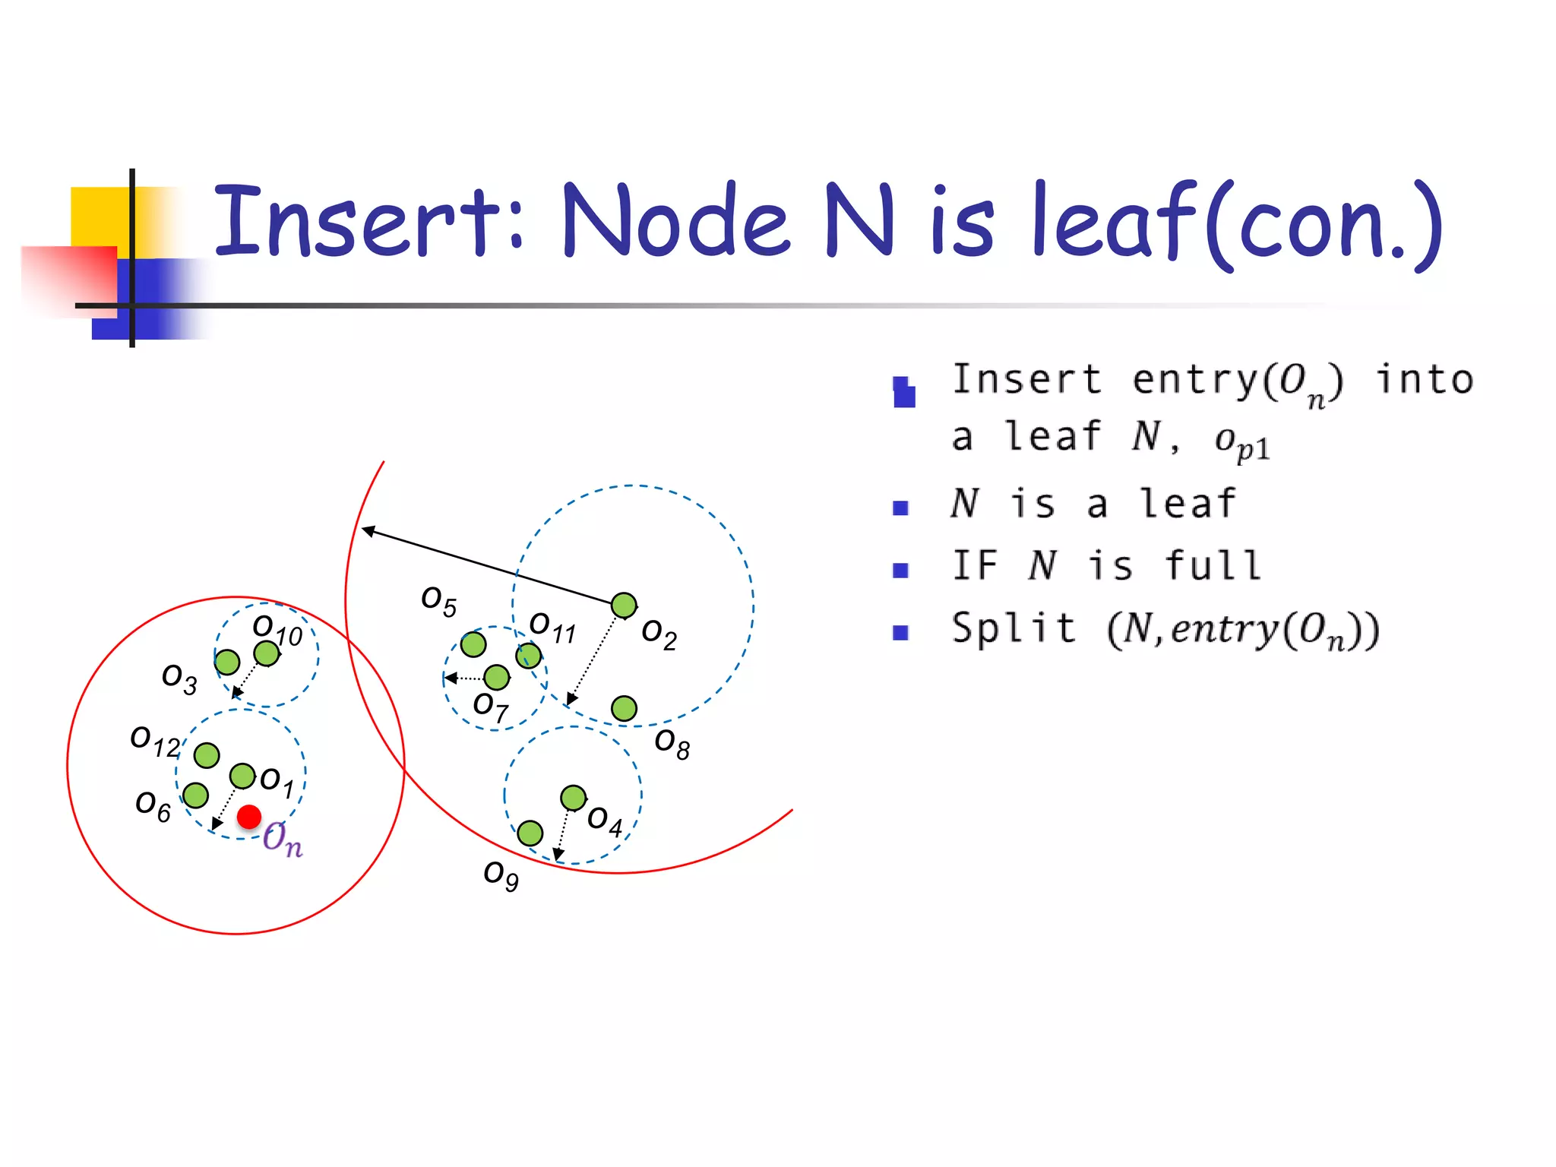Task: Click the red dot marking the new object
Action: point(249,817)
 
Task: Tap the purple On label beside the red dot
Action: point(283,839)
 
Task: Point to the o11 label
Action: point(552,627)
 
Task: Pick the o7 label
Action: point(491,707)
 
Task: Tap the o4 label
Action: point(605,821)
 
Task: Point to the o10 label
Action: point(277,630)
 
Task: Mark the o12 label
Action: point(155,740)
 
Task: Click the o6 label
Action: point(153,805)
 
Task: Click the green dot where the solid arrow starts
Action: point(624,606)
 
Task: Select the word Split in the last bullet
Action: point(1014,629)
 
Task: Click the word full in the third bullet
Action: point(1213,566)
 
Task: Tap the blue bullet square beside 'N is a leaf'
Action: point(901,508)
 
